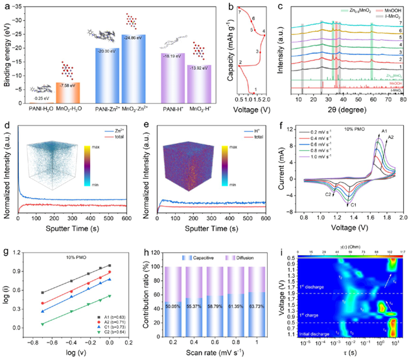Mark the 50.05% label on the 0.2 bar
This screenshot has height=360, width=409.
[158, 305]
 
